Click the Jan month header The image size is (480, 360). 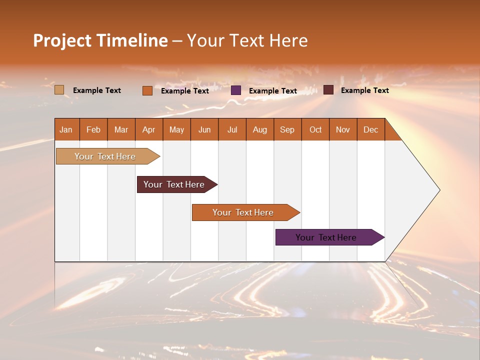pyautogui.click(x=66, y=129)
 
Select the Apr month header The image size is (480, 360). pyautogui.click(x=148, y=129)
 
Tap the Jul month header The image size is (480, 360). pyautogui.click(x=232, y=129)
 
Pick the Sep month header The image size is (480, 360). pyautogui.click(x=287, y=129)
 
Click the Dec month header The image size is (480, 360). pyautogui.click(x=370, y=129)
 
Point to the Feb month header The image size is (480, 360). pyautogui.click(x=93, y=129)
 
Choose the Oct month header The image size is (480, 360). pyautogui.click(x=315, y=129)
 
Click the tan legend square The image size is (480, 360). pyautogui.click(x=59, y=90)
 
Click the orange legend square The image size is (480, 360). pyautogui.click(x=147, y=90)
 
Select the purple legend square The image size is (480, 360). pyautogui.click(x=236, y=90)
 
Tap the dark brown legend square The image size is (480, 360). pyautogui.click(x=328, y=90)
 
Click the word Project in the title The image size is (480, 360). pyautogui.click(x=62, y=40)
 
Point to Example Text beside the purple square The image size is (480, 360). pyautogui.click(x=272, y=91)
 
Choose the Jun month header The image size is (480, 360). pyautogui.click(x=204, y=129)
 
